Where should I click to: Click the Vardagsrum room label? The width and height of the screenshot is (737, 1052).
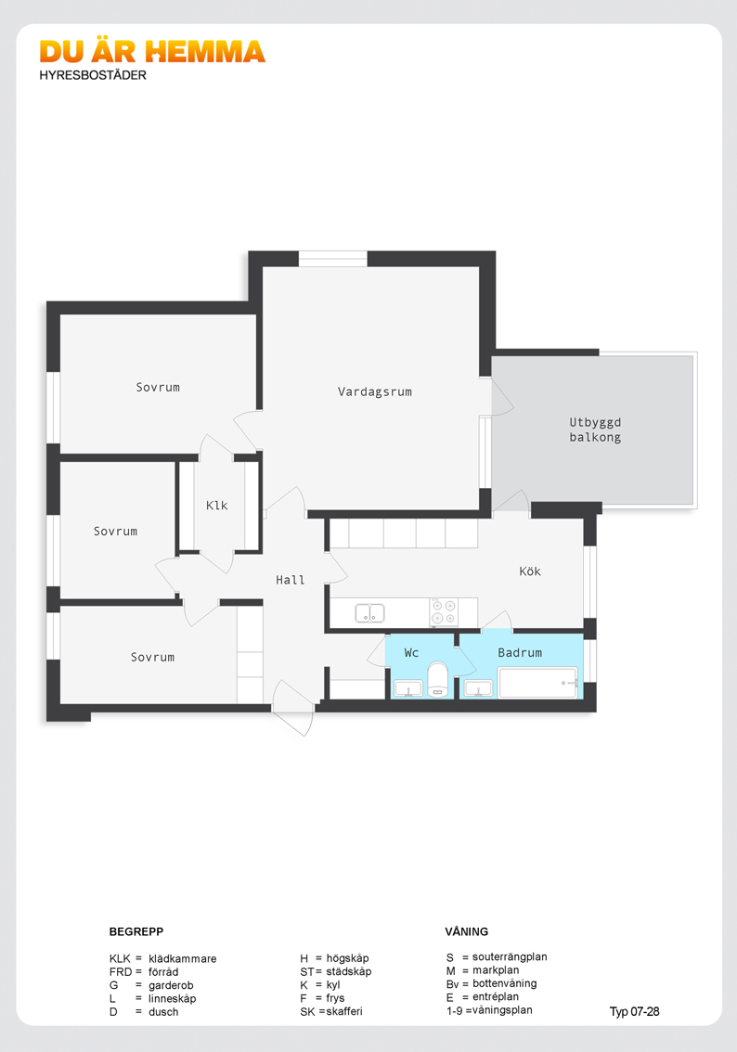(x=375, y=391)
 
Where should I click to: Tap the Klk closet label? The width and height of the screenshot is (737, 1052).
(x=217, y=506)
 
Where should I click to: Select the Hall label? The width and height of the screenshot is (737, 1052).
(x=290, y=580)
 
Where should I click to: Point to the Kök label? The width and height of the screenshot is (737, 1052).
(x=530, y=571)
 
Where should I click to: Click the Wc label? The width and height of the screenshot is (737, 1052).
(x=411, y=652)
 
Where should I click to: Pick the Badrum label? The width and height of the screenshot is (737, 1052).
(x=520, y=652)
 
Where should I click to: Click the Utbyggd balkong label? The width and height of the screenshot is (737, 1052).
(x=595, y=430)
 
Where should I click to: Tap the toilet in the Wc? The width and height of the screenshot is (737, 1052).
(x=437, y=680)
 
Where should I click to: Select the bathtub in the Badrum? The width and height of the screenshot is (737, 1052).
(x=537, y=683)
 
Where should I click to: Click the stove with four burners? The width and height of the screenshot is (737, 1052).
(x=444, y=612)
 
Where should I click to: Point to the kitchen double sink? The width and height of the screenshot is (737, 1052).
(x=369, y=612)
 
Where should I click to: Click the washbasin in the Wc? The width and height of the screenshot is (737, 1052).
(x=408, y=688)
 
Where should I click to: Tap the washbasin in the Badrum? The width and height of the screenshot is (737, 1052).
(x=479, y=688)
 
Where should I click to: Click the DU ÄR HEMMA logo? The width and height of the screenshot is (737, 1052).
(x=152, y=52)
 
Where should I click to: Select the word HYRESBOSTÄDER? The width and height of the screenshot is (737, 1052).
(x=93, y=75)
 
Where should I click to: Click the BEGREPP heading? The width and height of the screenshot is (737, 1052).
(x=136, y=931)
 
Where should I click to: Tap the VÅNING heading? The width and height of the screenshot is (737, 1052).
(x=467, y=931)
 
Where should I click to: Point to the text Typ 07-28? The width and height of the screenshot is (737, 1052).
(x=634, y=1011)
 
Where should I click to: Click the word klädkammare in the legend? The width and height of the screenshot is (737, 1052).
(x=183, y=958)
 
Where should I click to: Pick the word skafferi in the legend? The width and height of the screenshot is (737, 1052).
(x=344, y=1011)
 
